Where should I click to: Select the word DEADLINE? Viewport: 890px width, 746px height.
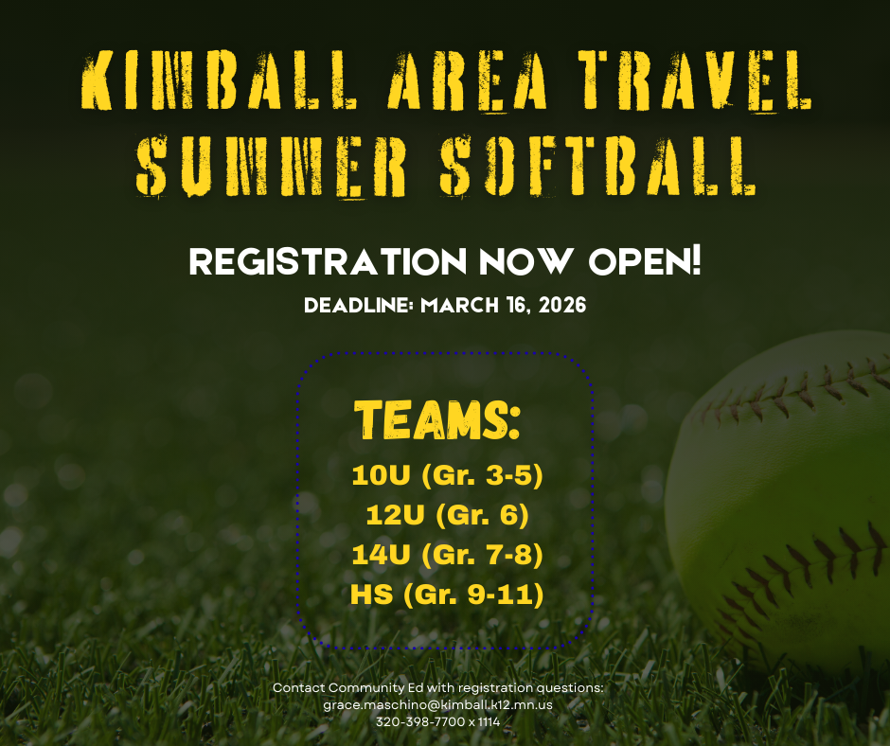click(360, 307)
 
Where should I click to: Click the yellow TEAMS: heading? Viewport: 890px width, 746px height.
click(437, 418)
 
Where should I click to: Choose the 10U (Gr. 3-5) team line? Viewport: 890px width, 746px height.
click(446, 475)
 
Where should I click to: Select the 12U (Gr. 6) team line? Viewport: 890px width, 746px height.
click(446, 516)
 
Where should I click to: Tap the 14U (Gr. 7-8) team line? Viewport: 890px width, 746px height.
click(446, 556)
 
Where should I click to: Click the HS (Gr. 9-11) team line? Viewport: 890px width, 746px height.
click(446, 596)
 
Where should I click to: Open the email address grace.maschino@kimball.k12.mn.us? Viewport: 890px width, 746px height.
click(437, 705)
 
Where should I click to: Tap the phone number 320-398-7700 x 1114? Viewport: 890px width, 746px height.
click(437, 722)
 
